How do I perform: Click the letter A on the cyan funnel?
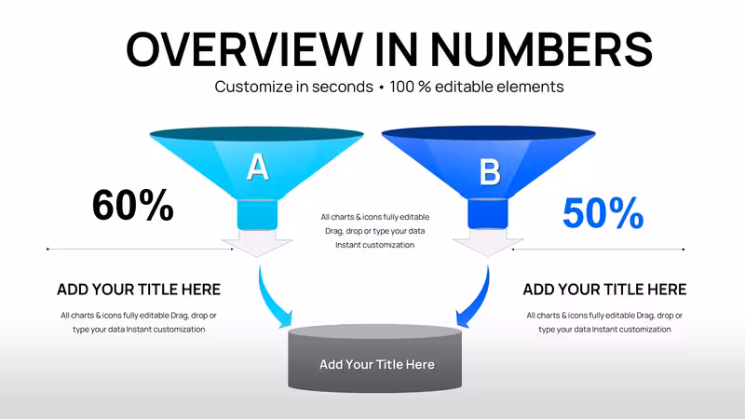pyautogui.click(x=258, y=168)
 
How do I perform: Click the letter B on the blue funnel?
pyautogui.click(x=490, y=171)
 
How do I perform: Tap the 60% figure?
pyautogui.click(x=132, y=205)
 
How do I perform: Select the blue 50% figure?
pyautogui.click(x=603, y=213)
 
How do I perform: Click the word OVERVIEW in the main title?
pyautogui.click(x=245, y=49)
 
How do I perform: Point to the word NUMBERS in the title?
pyautogui.click(x=542, y=49)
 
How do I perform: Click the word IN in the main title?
pyautogui.click(x=397, y=49)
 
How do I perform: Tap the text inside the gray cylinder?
pyautogui.click(x=377, y=364)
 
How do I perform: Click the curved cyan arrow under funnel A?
pyautogui.click(x=271, y=300)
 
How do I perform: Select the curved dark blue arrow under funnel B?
pyautogui.click(x=477, y=300)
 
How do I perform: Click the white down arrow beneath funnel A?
pyautogui.click(x=257, y=243)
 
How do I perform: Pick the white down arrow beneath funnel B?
pyautogui.click(x=487, y=242)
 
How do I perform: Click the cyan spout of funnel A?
pyautogui.click(x=257, y=214)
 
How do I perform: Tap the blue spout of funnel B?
pyautogui.click(x=488, y=214)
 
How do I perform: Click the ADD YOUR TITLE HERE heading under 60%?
pyautogui.click(x=139, y=290)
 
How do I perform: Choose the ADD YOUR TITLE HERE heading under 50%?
pyautogui.click(x=604, y=290)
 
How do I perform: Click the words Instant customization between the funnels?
pyautogui.click(x=375, y=245)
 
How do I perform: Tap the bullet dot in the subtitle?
pyautogui.click(x=382, y=88)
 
